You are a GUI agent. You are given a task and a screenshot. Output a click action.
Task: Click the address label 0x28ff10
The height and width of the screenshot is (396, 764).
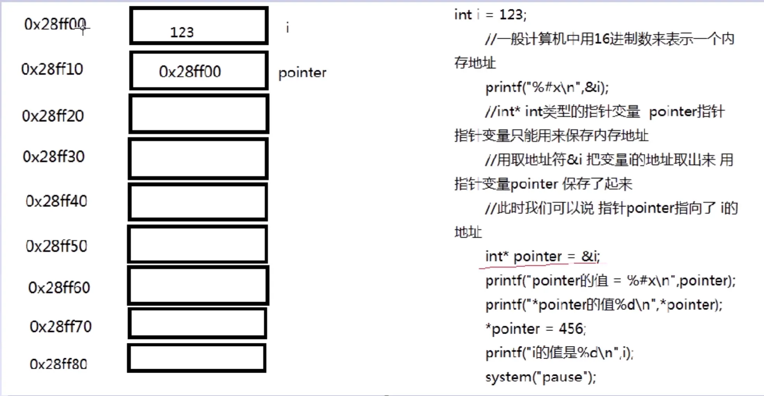coord(52,69)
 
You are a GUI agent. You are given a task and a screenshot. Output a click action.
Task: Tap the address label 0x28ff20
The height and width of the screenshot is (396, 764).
coord(53,116)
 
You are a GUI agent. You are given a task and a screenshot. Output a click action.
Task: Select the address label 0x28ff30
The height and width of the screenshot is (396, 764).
coord(54,157)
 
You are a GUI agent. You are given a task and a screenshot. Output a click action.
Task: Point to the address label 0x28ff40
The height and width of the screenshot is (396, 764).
coord(56,201)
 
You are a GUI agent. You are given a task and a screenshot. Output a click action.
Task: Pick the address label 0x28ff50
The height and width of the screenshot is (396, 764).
coord(56,246)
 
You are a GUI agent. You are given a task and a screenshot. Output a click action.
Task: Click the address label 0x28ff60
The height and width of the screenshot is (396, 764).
coord(59,288)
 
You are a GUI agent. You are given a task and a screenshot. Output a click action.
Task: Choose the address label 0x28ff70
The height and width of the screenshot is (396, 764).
coord(61,327)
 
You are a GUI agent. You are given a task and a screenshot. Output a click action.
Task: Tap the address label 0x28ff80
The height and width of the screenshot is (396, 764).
coord(58,364)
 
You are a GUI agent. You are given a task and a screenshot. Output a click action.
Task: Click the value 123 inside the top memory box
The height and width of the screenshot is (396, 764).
coord(182,32)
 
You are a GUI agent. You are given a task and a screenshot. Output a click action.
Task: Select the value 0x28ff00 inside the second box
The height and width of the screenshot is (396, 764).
coord(190,72)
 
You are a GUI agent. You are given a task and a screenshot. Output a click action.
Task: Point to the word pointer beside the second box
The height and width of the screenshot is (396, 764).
coord(302,73)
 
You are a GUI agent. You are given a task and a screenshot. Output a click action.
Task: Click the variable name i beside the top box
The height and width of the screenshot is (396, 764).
coord(287,28)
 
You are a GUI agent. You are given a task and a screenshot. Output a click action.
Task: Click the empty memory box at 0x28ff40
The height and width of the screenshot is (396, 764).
coord(198,202)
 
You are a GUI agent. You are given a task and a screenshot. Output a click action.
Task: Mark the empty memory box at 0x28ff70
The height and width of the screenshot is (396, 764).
coord(197,323)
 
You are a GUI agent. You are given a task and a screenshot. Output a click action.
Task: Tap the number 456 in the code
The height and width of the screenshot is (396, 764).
coord(571,329)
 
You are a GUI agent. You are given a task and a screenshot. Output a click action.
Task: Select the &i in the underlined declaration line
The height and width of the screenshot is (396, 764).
coord(590,256)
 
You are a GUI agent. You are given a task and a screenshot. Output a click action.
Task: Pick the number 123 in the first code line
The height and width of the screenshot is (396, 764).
coord(511,15)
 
